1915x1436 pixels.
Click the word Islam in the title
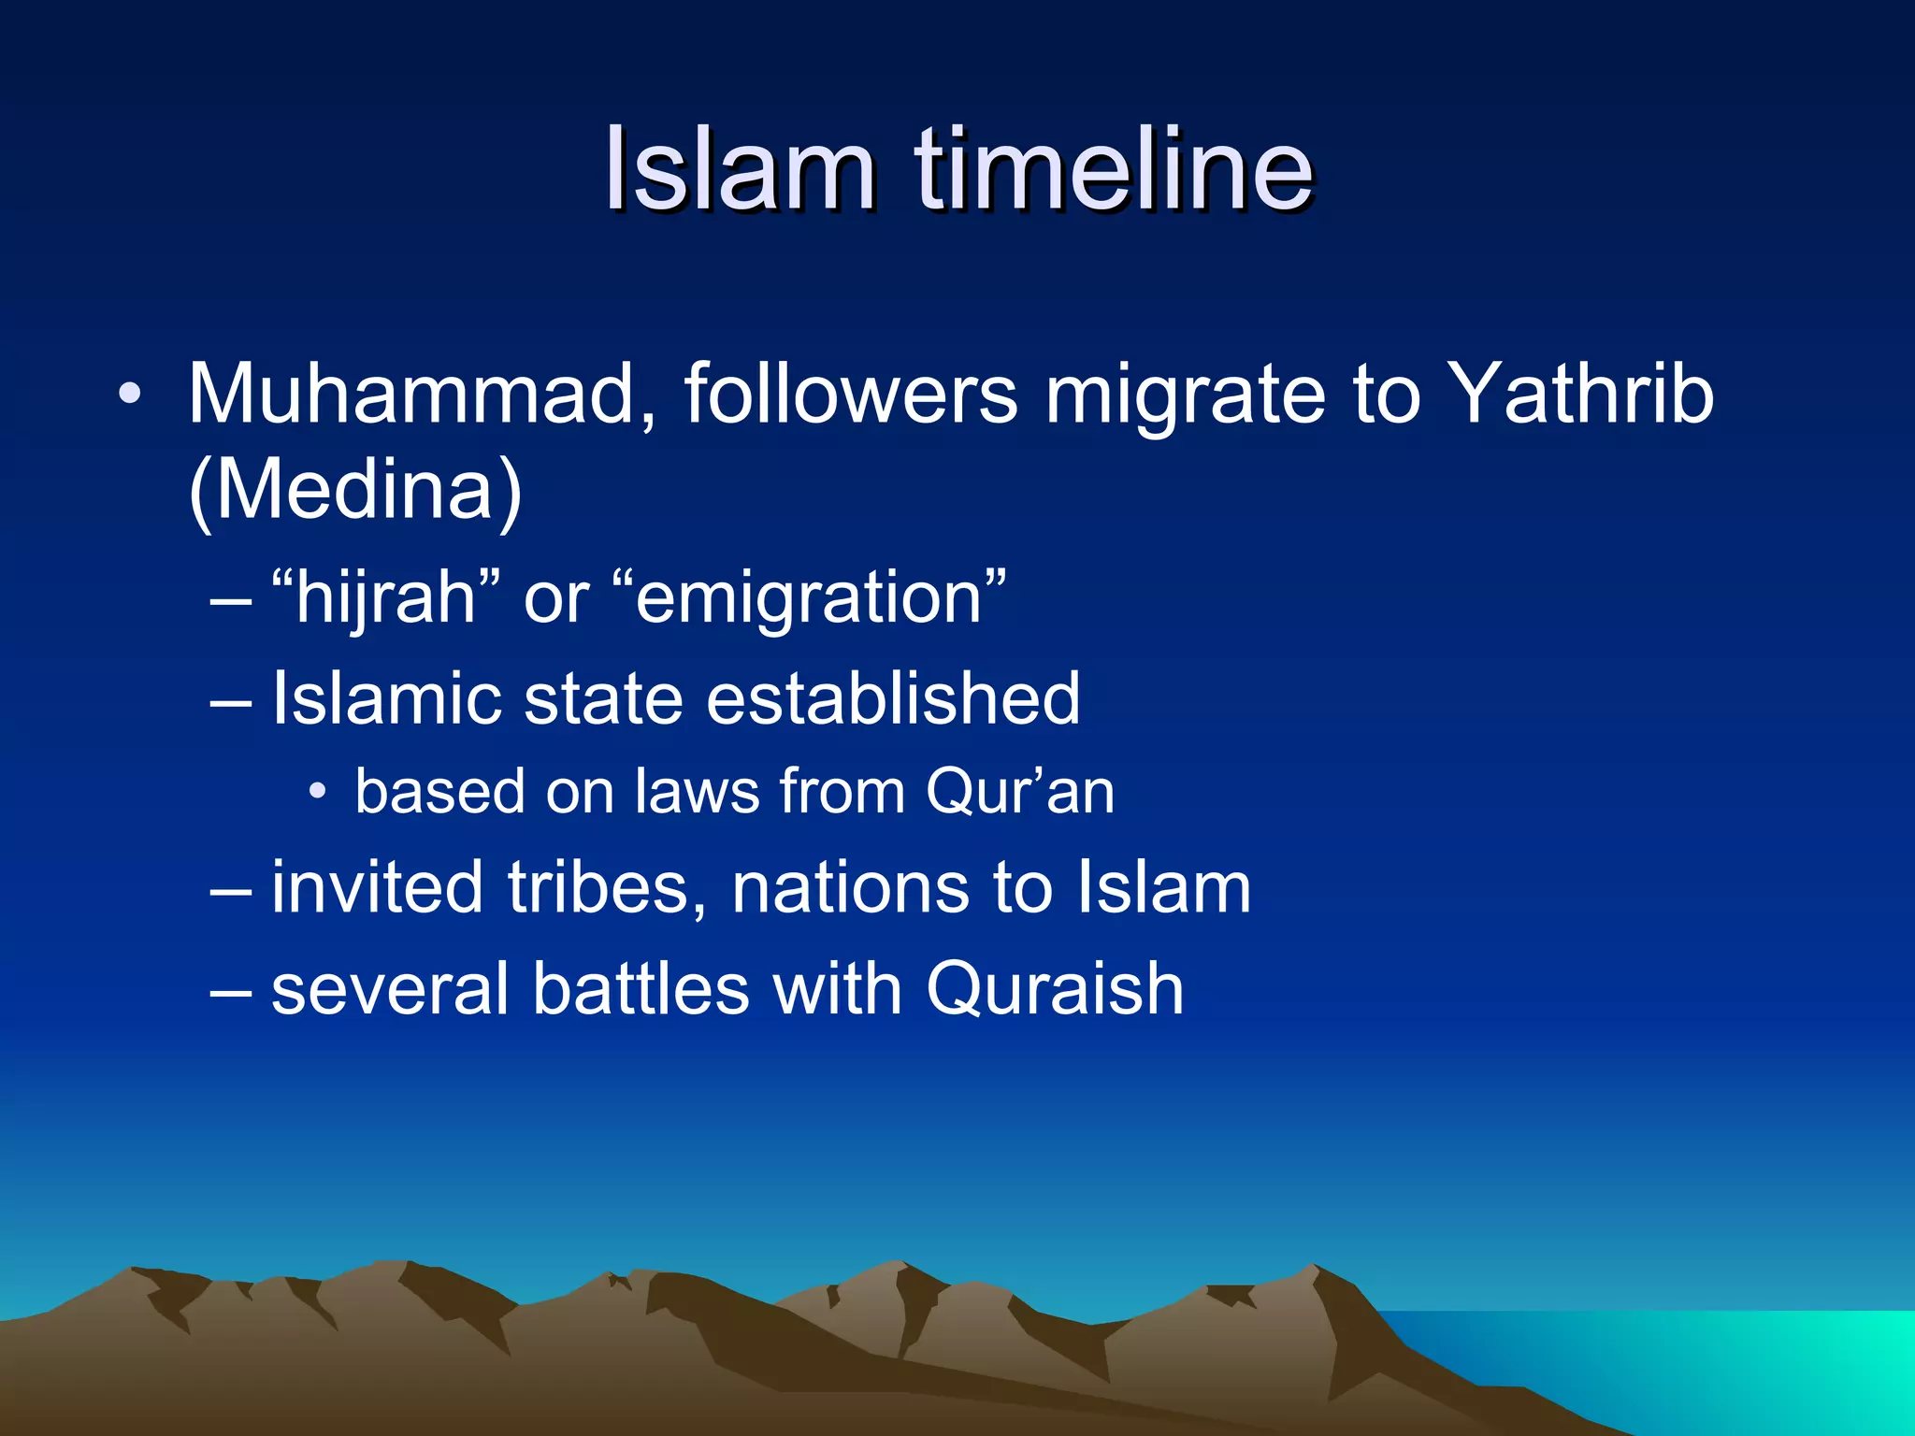pyautogui.click(x=739, y=170)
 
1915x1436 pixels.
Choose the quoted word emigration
pyautogui.click(x=810, y=598)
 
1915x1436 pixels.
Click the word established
pyautogui.click(x=893, y=698)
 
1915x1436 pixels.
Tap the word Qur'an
pyautogui.click(x=1020, y=792)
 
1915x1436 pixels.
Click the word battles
pyautogui.click(x=641, y=988)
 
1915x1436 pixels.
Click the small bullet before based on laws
pyautogui.click(x=318, y=793)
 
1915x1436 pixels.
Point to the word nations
pyautogui.click(x=851, y=887)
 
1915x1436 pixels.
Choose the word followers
pyautogui.click(x=850, y=394)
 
